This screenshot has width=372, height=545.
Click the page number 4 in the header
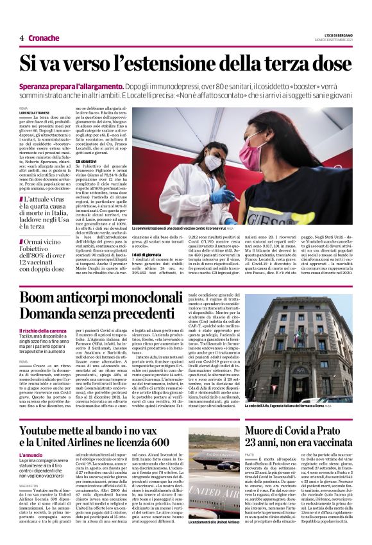[21, 38]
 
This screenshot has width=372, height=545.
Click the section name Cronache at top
[44, 38]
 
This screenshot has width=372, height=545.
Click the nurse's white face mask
[213, 162]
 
